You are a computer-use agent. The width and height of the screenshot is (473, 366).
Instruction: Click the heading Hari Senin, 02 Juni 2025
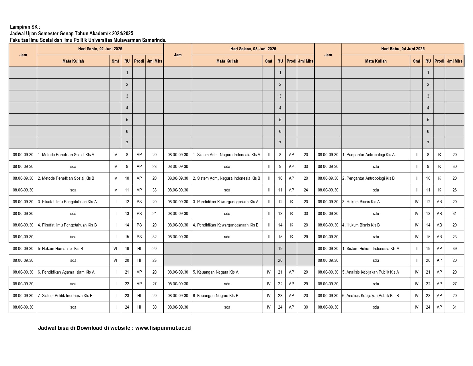[x=100, y=49]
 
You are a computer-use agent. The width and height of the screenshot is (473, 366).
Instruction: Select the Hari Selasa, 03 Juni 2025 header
[x=253, y=49]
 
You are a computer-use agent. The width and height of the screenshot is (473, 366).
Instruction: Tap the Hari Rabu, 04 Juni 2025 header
[x=402, y=49]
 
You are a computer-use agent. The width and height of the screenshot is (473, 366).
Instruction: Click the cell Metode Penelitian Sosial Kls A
[x=66, y=155]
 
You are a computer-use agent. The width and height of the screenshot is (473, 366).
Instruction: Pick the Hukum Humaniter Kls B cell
[x=60, y=249]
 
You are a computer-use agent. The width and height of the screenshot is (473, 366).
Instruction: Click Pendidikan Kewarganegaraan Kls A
[x=226, y=202]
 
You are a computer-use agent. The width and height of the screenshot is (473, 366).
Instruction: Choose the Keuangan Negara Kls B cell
[x=216, y=296]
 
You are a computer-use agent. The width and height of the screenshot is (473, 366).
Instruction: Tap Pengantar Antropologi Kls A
[x=369, y=155]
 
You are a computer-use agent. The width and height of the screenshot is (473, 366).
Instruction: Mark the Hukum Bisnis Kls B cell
[x=361, y=225]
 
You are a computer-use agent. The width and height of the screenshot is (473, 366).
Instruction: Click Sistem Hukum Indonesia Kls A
[x=371, y=249]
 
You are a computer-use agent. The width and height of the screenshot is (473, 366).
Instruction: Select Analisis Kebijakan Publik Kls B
[x=371, y=296]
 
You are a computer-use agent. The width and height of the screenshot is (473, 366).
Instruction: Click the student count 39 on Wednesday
[x=454, y=249]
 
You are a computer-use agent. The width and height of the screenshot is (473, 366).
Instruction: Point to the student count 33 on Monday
[x=155, y=190]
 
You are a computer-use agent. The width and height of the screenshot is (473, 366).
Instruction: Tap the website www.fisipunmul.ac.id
[x=163, y=328]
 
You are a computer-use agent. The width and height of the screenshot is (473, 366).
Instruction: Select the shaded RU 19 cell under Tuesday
[x=280, y=249]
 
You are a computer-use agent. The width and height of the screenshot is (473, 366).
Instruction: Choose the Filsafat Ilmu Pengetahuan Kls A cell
[x=67, y=202]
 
